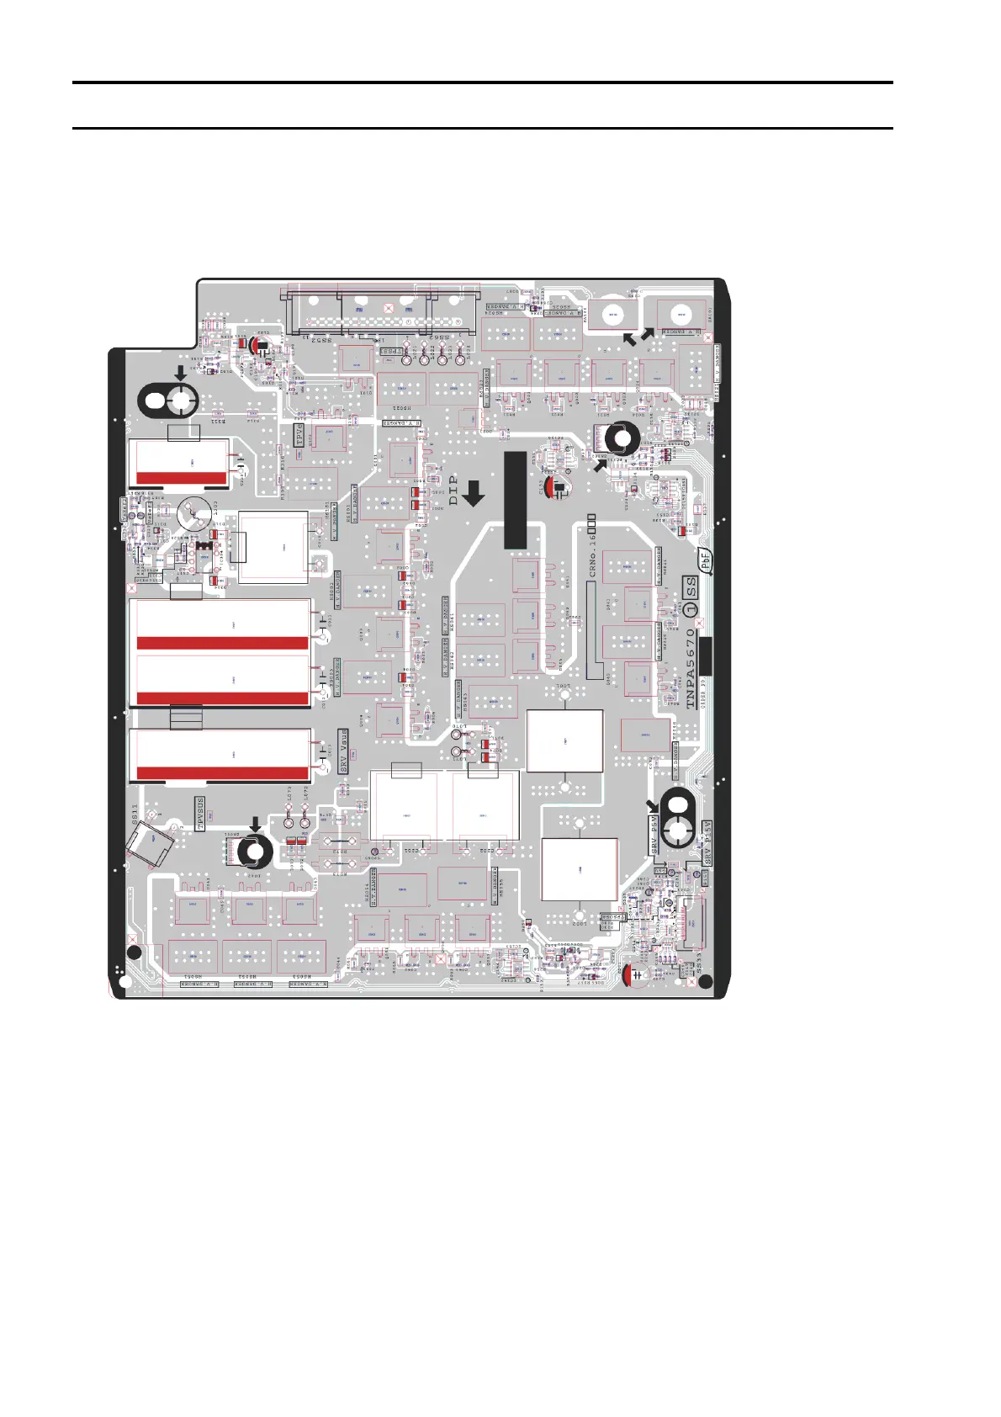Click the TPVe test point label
(298, 434)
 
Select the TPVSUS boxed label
(200, 814)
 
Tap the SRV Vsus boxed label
(343, 751)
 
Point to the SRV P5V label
(654, 835)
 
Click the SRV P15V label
(707, 842)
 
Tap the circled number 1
(691, 610)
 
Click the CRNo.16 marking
(593, 547)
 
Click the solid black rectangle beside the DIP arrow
(515, 500)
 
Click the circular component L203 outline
(194, 511)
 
